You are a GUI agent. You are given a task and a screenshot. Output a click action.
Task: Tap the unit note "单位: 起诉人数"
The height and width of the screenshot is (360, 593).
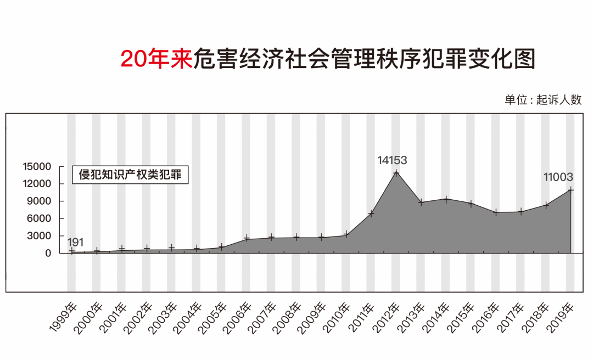tap(542, 100)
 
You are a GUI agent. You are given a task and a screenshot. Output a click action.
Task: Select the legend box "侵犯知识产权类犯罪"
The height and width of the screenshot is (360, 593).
tap(130, 175)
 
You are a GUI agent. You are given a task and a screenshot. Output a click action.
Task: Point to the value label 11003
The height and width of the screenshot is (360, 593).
tap(558, 177)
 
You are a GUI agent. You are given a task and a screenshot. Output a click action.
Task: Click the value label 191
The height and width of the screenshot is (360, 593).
tap(76, 242)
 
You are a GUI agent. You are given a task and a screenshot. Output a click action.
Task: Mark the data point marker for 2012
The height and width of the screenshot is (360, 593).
tap(396, 173)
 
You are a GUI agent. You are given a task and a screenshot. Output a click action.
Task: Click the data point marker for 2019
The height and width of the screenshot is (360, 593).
tap(571, 190)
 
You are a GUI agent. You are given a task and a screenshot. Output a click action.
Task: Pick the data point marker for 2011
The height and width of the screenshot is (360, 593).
tap(371, 213)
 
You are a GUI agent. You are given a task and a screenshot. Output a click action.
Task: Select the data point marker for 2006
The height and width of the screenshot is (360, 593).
tap(247, 239)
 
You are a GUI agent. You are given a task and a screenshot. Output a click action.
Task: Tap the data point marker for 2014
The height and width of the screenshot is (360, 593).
tap(446, 199)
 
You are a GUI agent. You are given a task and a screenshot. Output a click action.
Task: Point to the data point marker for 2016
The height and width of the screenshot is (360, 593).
tap(496, 212)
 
